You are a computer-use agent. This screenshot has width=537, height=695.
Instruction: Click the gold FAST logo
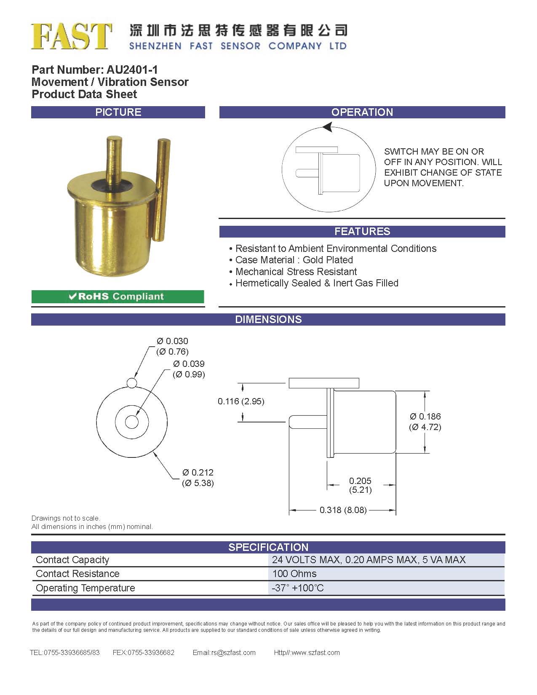[71, 36]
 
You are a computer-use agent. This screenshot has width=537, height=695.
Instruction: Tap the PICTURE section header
[118, 112]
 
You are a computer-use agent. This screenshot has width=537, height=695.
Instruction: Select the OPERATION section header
[362, 112]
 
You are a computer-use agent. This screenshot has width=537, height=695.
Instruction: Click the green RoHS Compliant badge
[118, 297]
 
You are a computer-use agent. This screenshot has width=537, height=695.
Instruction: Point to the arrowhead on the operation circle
[328, 127]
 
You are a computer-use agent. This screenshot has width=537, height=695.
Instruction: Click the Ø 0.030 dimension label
[172, 341]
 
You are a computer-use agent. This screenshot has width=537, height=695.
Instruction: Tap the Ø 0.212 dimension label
[198, 473]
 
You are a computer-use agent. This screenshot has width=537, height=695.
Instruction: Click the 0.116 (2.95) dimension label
[241, 401]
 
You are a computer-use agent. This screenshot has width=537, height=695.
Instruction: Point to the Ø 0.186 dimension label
[425, 417]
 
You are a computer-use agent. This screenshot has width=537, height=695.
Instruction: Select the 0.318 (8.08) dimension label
[343, 510]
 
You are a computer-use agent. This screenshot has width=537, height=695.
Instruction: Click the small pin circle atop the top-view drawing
[131, 383]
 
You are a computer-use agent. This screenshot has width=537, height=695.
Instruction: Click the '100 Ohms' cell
[294, 574]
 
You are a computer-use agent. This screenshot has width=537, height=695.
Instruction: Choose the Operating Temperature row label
[85, 588]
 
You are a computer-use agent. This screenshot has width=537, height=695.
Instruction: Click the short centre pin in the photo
[114, 158]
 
